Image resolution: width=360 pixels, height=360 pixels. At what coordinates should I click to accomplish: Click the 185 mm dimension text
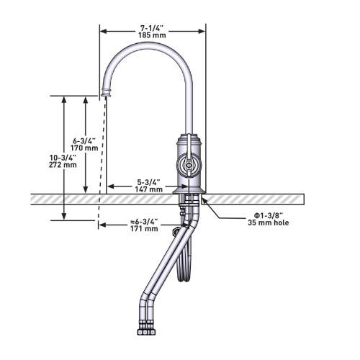(152, 35)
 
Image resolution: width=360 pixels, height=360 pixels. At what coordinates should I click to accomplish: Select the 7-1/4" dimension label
(152, 28)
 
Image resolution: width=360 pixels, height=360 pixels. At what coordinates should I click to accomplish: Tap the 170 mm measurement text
(84, 148)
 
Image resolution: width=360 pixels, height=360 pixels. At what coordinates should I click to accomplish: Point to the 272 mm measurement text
(63, 165)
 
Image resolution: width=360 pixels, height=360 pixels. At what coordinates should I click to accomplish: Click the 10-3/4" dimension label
(63, 158)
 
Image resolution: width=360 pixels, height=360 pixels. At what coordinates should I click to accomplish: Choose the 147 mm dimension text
(148, 189)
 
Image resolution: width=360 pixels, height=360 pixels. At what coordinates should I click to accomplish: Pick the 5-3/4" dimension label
(148, 182)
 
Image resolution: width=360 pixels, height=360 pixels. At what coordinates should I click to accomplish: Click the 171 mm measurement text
(144, 228)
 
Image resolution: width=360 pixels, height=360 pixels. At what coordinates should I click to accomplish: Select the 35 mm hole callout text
(269, 222)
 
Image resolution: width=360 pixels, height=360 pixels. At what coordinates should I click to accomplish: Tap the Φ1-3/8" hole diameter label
(269, 215)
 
